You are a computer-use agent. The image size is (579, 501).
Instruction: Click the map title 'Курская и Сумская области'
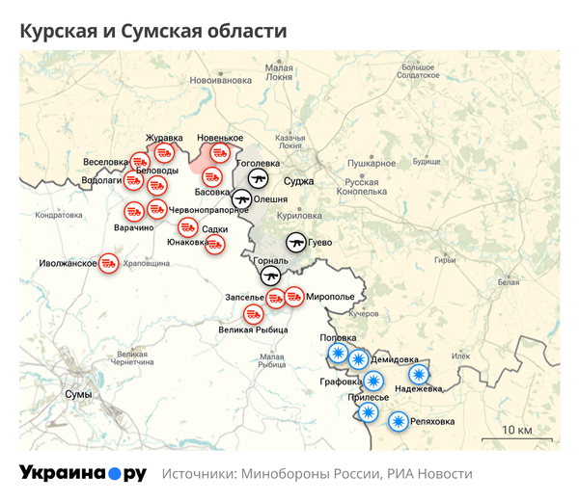(x=152, y=31)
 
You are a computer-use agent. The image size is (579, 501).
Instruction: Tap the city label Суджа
(x=298, y=180)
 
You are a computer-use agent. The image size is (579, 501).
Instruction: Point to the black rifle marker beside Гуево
(x=296, y=242)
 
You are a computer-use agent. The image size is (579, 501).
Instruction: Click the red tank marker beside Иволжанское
(x=110, y=263)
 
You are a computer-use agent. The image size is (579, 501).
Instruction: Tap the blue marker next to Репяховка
(x=398, y=421)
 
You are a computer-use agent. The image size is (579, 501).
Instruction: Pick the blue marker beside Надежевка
(x=418, y=374)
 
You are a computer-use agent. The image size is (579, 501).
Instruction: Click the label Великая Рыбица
(x=254, y=330)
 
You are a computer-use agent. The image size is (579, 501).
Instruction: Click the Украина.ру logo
(x=83, y=473)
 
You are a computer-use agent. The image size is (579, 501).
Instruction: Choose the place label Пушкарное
(x=372, y=164)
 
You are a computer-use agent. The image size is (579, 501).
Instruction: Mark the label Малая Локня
(x=280, y=72)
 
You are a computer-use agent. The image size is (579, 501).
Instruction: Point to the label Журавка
(x=164, y=138)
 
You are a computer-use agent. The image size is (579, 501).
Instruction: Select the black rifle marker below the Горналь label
(x=270, y=276)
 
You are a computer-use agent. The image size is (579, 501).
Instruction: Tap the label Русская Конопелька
(x=366, y=187)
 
